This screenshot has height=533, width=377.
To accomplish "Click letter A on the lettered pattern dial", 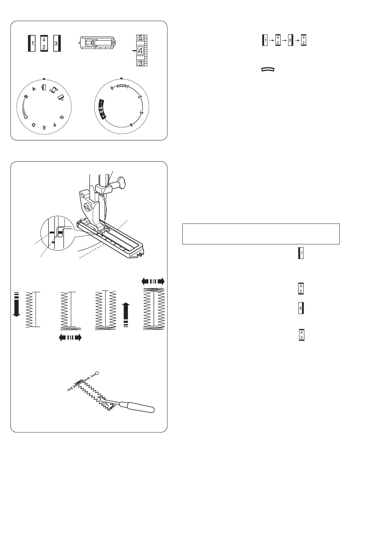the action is click(x=34, y=89).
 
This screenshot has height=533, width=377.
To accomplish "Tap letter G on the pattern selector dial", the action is click(x=61, y=117).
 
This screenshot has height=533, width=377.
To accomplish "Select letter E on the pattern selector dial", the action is click(x=44, y=128).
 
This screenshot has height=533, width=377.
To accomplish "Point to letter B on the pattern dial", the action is click(x=26, y=97).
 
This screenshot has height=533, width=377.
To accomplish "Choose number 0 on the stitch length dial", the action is click(x=112, y=88).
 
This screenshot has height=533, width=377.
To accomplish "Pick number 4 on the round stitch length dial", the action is click(x=131, y=124).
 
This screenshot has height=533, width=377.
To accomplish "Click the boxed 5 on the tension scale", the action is click(x=140, y=38).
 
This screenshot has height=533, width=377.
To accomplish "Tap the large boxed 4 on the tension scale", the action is click(x=140, y=51).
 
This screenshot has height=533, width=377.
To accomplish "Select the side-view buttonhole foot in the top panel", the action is click(x=97, y=43).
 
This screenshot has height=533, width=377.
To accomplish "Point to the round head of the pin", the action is click(x=97, y=373).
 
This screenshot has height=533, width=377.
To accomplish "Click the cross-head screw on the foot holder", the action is click(x=88, y=208).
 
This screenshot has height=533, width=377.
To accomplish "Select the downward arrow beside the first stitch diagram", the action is click(x=16, y=304).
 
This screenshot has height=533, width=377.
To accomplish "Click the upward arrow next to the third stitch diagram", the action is click(x=126, y=315).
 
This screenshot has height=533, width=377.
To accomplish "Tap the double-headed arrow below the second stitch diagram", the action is click(x=70, y=337).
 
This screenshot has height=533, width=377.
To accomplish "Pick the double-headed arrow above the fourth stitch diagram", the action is click(x=153, y=281).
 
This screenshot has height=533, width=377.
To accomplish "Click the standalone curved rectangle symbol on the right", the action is click(x=268, y=69).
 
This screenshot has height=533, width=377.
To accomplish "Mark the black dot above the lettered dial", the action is click(x=44, y=79).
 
